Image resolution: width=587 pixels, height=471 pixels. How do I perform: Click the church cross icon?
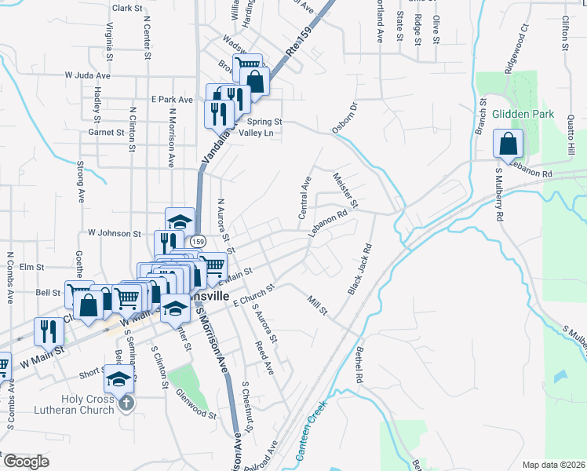(x=127, y=403)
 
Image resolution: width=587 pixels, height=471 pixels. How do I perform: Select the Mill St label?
(x=317, y=306)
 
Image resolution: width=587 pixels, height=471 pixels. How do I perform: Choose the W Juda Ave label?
(x=97, y=75)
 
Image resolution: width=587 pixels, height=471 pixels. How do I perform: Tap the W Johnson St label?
(x=114, y=233)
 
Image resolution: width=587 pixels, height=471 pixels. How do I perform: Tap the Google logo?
(x=25, y=462)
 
